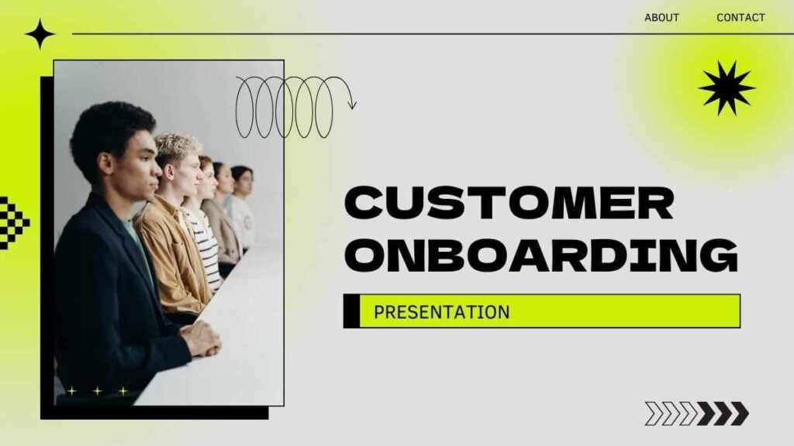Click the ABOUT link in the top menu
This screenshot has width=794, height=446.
click(661, 18)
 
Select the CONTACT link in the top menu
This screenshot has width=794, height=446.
click(740, 18)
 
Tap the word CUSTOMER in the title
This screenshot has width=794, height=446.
click(509, 203)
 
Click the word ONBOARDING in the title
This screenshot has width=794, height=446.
click(541, 255)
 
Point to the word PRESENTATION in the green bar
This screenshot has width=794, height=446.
click(441, 312)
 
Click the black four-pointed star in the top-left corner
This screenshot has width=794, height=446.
click(40, 34)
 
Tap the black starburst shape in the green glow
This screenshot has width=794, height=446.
click(727, 88)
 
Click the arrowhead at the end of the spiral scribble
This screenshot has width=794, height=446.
click(352, 105)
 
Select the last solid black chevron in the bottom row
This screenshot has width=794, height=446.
click(740, 413)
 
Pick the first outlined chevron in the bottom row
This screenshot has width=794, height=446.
click(654, 413)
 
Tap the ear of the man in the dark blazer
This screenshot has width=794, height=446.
click(105, 163)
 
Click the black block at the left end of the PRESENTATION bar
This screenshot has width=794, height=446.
click(351, 311)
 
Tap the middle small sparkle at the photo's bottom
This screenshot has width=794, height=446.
click(97, 391)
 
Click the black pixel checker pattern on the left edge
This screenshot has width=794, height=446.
click(13, 222)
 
